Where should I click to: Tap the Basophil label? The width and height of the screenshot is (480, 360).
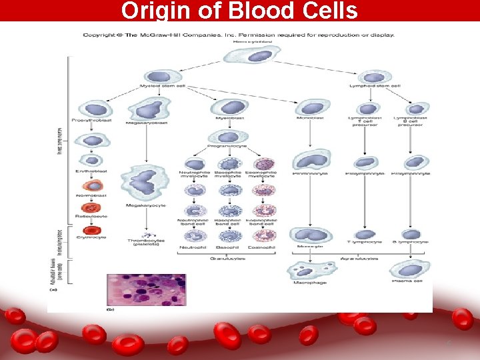pos(229,247)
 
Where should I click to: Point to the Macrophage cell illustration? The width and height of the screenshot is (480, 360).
pos(307,271)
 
